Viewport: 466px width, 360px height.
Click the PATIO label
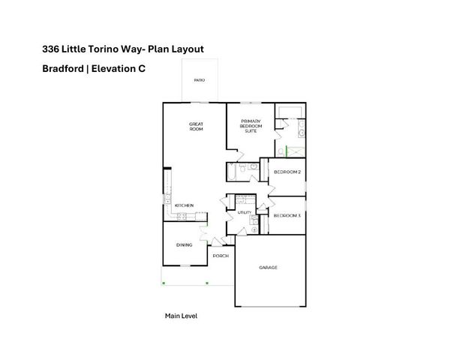[x=200, y=79]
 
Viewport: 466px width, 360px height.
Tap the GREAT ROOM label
[x=197, y=127]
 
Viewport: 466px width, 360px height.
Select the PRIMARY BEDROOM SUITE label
[x=251, y=125]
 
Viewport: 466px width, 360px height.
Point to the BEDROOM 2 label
[x=287, y=172]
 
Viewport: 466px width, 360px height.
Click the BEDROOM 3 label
[x=287, y=216]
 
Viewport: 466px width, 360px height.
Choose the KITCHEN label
[x=184, y=205]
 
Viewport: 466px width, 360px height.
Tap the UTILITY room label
[x=245, y=213]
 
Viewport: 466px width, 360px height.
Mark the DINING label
[x=184, y=244]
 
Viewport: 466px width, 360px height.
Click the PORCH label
[x=221, y=256]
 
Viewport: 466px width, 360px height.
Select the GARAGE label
[x=269, y=268]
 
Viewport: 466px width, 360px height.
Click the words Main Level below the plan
[x=181, y=316]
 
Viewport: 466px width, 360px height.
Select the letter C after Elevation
[x=141, y=68]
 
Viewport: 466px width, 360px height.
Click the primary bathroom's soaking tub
[x=290, y=113]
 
